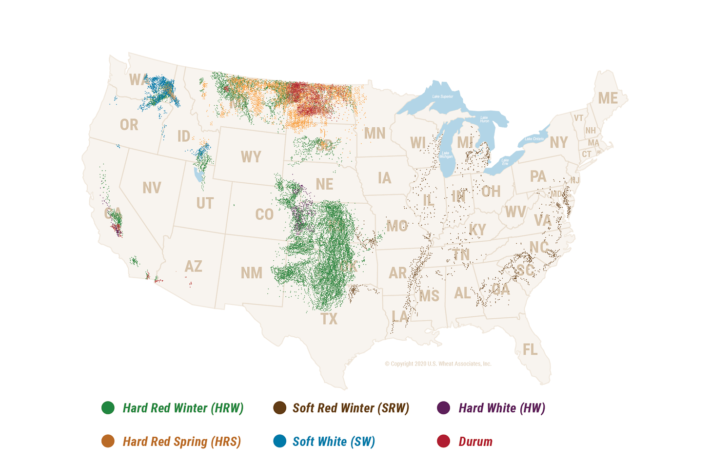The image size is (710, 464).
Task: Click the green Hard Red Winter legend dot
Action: [x=108, y=407]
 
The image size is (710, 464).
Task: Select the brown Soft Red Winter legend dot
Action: [x=279, y=407]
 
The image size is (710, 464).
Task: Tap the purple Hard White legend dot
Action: [x=443, y=407]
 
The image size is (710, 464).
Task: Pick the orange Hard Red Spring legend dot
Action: [x=108, y=441]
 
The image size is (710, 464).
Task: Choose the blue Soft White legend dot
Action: [x=279, y=441]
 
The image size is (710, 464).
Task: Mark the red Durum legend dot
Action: [x=443, y=441]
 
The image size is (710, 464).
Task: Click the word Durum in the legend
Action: [x=475, y=442]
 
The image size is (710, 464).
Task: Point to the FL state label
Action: [x=530, y=349]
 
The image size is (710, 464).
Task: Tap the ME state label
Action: [x=608, y=98]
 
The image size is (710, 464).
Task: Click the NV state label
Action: [x=152, y=188]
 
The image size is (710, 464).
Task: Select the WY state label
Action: [x=251, y=157]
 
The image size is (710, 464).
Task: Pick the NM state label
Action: [x=252, y=273]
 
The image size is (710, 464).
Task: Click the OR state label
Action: [x=129, y=125]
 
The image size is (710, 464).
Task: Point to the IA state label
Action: [x=384, y=178]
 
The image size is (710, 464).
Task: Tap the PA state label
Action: [x=538, y=176]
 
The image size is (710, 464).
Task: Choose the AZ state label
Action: [x=194, y=266]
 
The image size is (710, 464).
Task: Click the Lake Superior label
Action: [x=443, y=97]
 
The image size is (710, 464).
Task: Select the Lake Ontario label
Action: [x=535, y=139]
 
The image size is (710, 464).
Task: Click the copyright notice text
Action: [x=438, y=364]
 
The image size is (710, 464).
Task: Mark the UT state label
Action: [x=205, y=203]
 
